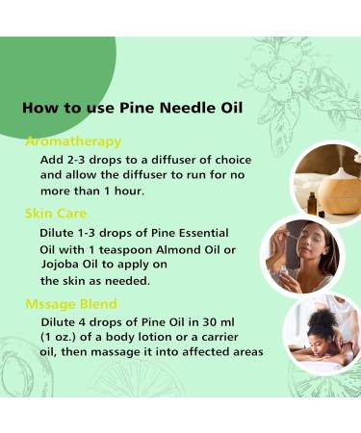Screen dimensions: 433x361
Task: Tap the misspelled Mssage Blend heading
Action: coord(71,305)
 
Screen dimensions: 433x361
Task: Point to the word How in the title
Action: coord(41,107)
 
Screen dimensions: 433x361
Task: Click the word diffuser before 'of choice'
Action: coord(166,159)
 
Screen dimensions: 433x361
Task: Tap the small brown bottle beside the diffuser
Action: coord(312,202)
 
